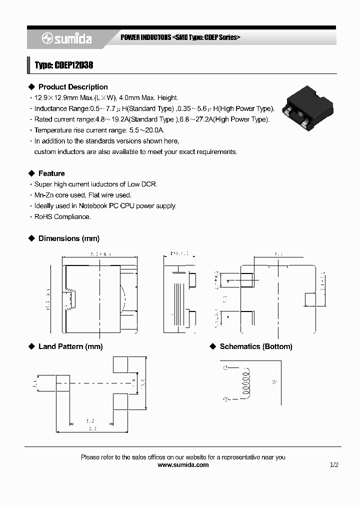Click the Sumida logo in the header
(66, 38)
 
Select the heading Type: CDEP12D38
(63, 65)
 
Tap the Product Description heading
(72, 87)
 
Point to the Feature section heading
(51, 173)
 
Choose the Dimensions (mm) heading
(68, 238)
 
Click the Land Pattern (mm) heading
(70, 346)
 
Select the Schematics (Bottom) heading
(256, 346)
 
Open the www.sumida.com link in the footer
(183, 465)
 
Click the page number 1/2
(334, 465)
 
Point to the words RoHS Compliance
(62, 217)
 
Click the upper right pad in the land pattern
(120, 364)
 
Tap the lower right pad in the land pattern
(120, 401)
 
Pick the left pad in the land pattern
(62, 383)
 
